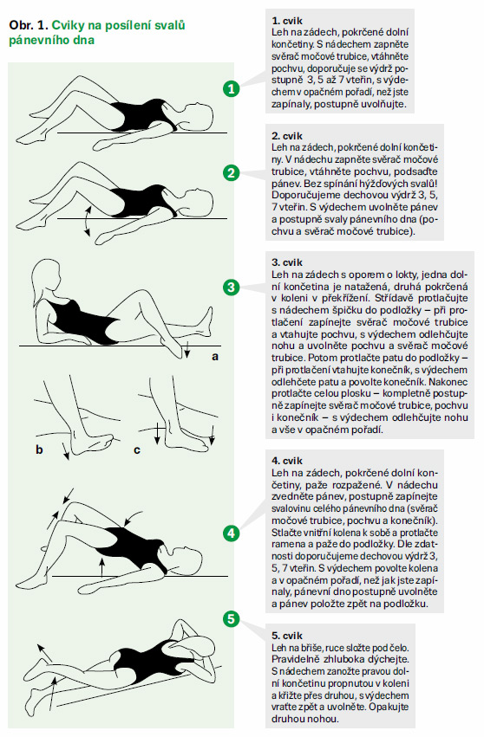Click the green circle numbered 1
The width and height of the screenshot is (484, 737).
232,88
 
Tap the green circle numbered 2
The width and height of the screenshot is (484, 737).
232,173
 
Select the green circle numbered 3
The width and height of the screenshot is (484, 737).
232,288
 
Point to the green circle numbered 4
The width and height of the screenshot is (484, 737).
232,533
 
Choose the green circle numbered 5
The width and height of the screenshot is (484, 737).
232,618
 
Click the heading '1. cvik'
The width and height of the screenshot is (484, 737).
287,21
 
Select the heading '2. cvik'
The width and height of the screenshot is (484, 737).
287,136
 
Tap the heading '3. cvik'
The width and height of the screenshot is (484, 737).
287,262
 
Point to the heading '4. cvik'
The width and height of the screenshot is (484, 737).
287,461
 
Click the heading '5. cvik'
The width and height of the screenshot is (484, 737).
287,636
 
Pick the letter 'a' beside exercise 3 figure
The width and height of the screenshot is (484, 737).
215,357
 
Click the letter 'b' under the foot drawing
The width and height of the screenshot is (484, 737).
39,449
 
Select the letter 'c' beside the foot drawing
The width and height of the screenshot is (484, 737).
137,450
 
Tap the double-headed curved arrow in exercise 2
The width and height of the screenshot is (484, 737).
86,220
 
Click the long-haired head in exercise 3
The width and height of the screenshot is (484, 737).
46,278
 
